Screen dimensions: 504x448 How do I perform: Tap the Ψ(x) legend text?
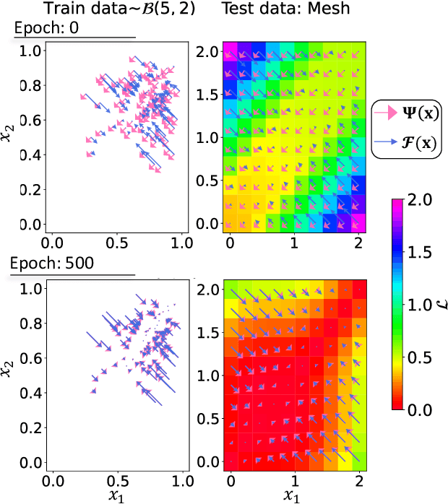[x=420, y=113]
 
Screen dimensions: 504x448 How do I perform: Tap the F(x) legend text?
[x=420, y=142]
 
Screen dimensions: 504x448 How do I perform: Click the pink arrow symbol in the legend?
[x=386, y=113]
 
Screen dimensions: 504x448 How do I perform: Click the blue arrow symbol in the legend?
[x=386, y=142]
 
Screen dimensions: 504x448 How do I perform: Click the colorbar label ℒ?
[x=442, y=303]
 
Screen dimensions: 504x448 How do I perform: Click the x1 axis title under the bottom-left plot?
[x=116, y=495]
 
